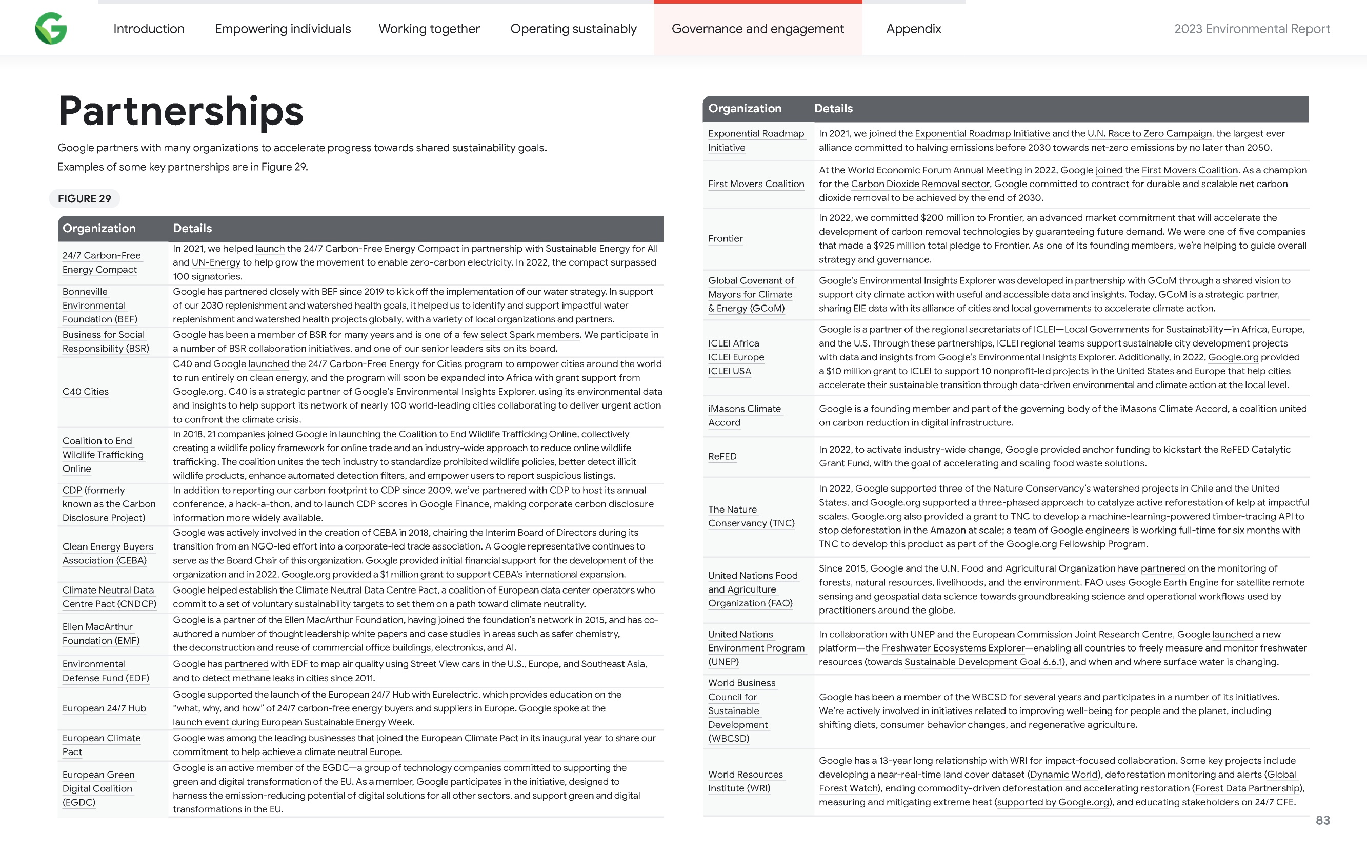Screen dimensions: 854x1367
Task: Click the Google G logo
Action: (x=51, y=28)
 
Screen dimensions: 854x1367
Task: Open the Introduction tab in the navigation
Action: (x=149, y=29)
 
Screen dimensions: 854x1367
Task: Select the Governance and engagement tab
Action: (x=757, y=29)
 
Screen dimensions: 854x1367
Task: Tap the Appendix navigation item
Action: (x=913, y=29)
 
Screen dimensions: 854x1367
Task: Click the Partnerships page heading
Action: (x=181, y=111)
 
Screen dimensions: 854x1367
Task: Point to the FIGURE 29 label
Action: (x=85, y=199)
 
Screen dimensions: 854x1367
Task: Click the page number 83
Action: (x=1322, y=820)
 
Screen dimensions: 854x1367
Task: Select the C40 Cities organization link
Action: (x=85, y=392)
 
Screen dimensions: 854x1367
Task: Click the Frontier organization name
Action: (x=726, y=238)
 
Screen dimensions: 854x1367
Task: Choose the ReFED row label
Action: (x=722, y=456)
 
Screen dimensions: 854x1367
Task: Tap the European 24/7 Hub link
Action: (x=104, y=708)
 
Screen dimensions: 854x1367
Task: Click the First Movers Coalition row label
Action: (x=756, y=184)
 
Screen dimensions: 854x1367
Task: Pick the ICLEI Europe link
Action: (x=735, y=357)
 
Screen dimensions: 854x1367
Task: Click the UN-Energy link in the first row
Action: (x=216, y=262)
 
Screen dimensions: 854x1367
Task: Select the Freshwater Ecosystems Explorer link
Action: (x=952, y=648)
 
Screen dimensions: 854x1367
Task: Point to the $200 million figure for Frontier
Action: (x=951, y=218)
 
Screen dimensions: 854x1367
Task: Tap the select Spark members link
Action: (x=529, y=334)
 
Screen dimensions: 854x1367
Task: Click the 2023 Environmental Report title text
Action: (x=1252, y=29)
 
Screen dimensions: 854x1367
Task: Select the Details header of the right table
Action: (x=833, y=109)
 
